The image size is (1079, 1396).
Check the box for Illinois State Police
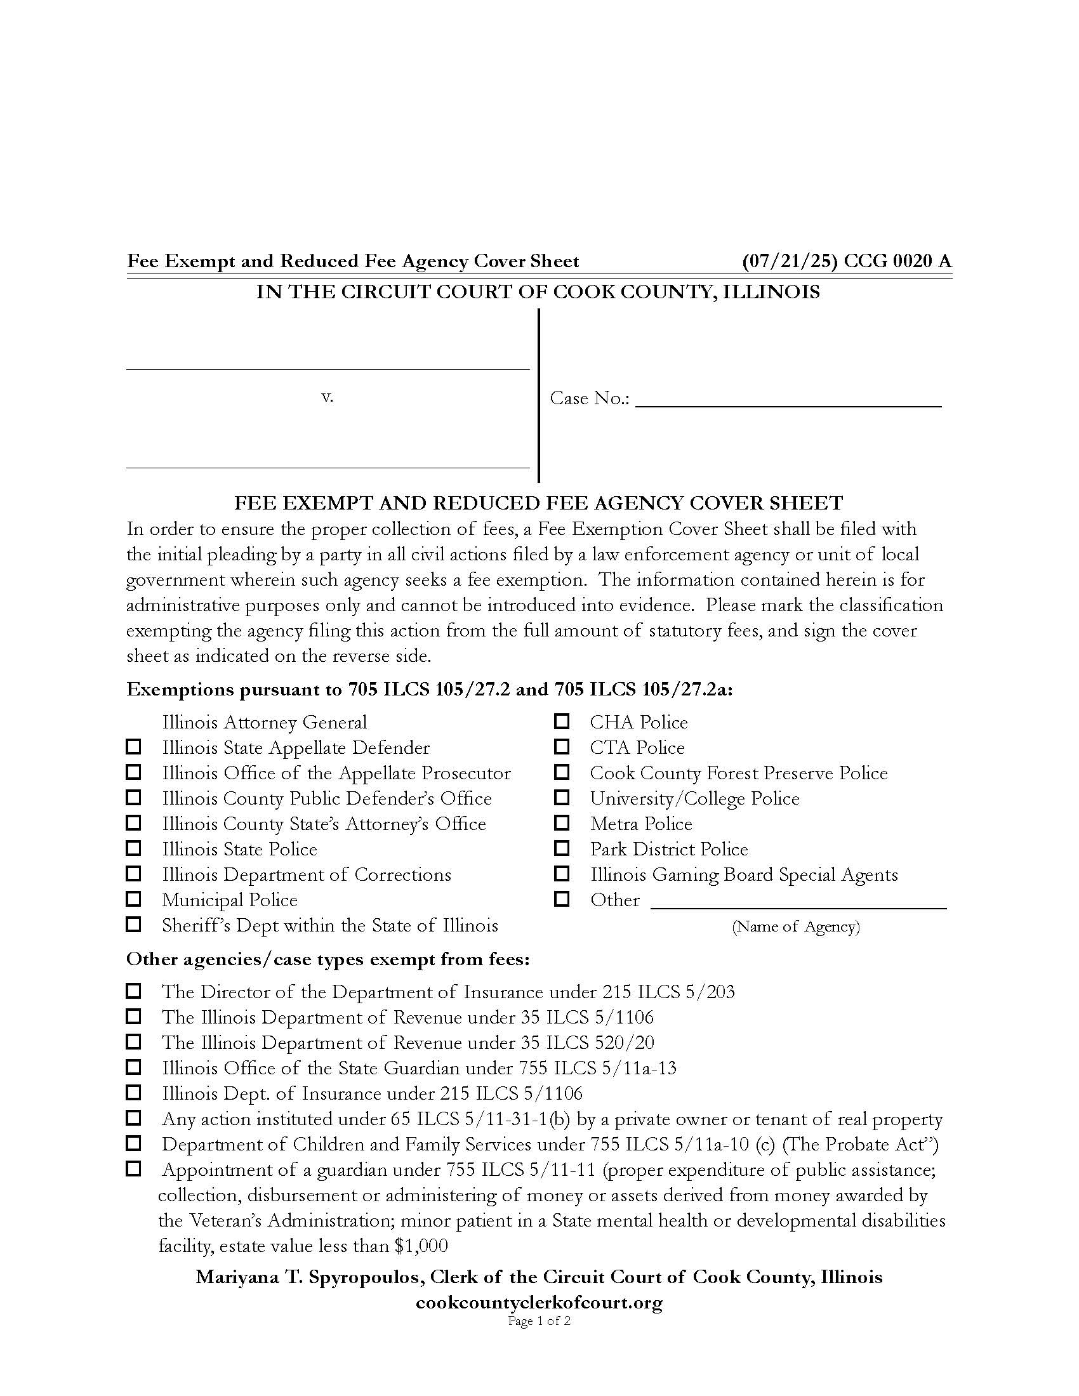133,848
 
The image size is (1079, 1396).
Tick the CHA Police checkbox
561,721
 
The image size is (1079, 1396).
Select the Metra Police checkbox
561,822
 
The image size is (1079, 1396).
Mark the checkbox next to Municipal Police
133,899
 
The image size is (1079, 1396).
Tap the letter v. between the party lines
328,397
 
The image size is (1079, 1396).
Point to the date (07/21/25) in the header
790,261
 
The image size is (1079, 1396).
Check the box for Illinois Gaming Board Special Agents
561,874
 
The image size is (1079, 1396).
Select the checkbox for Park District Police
561,848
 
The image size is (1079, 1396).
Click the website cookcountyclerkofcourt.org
539,1303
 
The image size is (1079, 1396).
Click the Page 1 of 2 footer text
539,1320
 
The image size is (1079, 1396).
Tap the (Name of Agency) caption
796,926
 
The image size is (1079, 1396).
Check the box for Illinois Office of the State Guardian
133,1067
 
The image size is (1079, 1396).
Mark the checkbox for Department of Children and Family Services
133,1143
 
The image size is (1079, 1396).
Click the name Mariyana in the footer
228,1277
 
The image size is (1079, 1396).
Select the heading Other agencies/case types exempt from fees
328,959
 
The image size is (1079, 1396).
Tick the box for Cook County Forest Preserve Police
561,772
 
